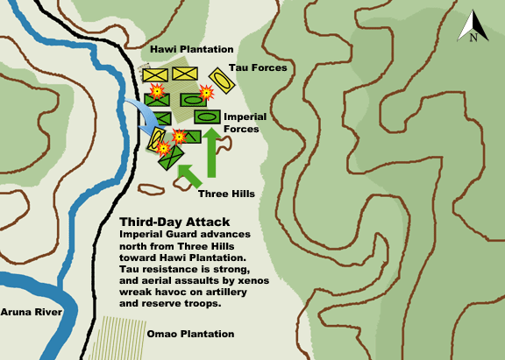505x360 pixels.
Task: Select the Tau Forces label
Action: [258, 67]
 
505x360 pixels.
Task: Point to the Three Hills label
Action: [226, 193]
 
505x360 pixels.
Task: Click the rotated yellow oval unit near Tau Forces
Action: [221, 81]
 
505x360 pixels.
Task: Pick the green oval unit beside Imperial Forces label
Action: [207, 116]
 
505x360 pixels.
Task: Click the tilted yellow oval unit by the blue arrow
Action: [159, 138]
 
